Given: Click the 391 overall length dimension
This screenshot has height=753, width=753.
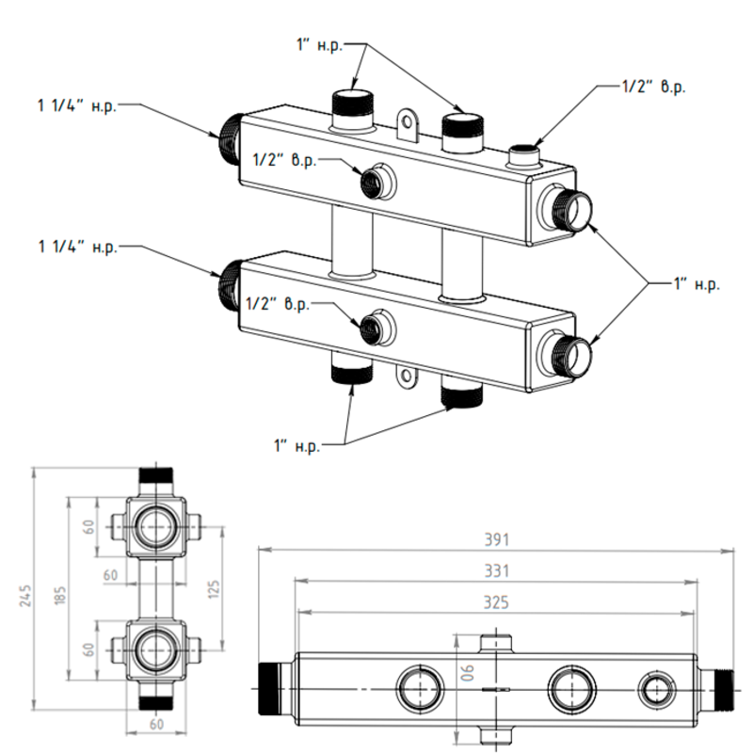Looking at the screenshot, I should coord(496,540).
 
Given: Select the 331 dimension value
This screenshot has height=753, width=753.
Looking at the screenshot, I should coord(496,571).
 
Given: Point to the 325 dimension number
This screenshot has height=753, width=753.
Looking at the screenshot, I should coord(496,601).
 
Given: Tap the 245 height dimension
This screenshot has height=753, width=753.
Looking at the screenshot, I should coord(25,598).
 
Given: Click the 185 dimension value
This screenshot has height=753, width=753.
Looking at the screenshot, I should coord(61,594).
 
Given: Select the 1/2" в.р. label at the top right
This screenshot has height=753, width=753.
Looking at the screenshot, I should coord(653,87).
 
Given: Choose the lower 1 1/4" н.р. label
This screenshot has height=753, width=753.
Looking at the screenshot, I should coord(77,248).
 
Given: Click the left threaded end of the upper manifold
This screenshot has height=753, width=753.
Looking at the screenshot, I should coord(228,136).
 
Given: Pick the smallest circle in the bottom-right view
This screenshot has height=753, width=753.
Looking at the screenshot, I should coord(654,688).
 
